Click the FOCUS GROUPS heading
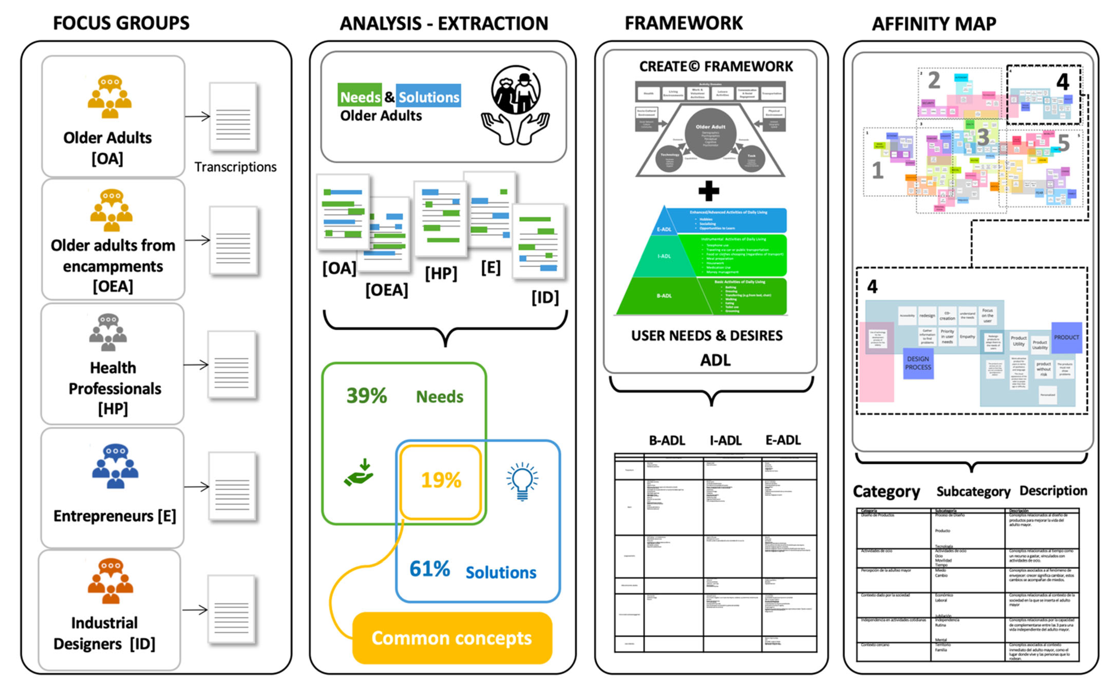(121, 23)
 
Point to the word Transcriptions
(235, 167)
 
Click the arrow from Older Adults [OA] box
(197, 116)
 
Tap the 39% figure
(366, 396)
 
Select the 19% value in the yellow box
(441, 480)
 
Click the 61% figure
(429, 569)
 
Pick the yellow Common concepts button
(452, 638)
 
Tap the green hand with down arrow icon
(359, 473)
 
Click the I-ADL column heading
(725, 440)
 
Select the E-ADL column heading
(783, 440)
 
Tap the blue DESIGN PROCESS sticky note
(918, 363)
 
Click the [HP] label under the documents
(441, 274)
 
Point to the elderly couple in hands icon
(516, 105)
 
